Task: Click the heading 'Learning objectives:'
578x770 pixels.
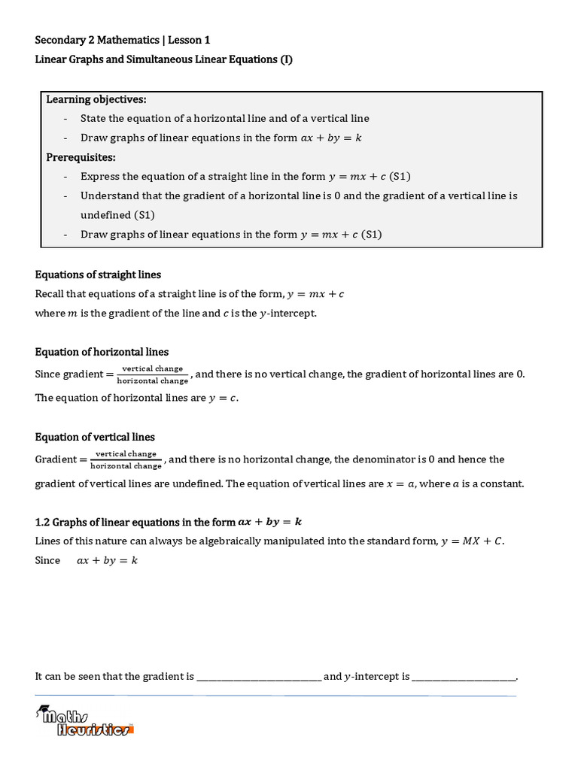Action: pos(96,99)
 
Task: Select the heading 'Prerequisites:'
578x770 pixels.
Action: pos(81,157)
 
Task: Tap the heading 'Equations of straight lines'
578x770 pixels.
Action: pos(98,274)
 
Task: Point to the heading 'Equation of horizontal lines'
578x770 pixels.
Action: pos(102,352)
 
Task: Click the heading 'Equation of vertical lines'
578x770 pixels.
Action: pos(95,437)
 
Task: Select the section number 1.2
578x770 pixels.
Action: pos(43,521)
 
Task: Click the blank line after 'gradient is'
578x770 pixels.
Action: pos(258,677)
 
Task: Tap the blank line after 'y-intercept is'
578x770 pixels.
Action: pos(464,677)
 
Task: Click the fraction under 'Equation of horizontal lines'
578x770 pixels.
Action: pos(153,374)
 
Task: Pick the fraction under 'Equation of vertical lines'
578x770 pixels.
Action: pos(126,459)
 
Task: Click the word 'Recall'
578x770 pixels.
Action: pos(50,294)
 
